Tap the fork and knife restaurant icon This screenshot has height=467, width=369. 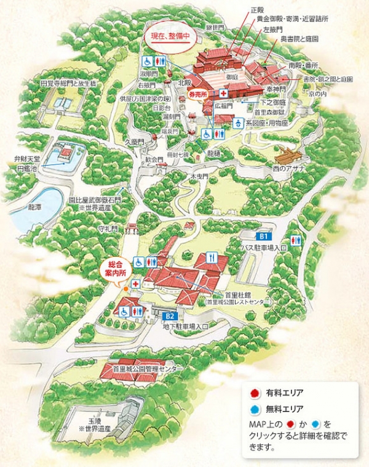click(x=212, y=258)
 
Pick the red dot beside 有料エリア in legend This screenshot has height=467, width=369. click(x=254, y=392)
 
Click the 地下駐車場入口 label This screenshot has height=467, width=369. click(x=186, y=324)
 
